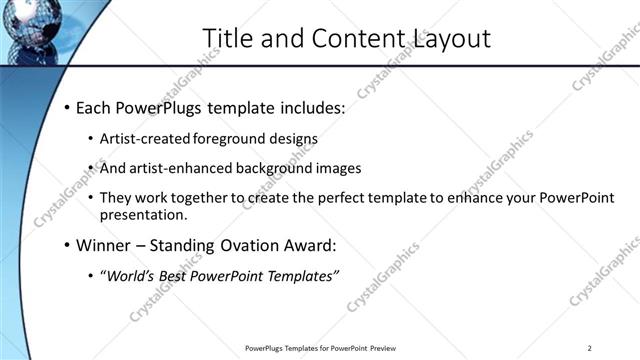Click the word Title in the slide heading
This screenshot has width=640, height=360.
click(225, 38)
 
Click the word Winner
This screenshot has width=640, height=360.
click(105, 245)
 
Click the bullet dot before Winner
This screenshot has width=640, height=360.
click(67, 245)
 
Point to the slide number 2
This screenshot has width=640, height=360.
click(590, 348)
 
